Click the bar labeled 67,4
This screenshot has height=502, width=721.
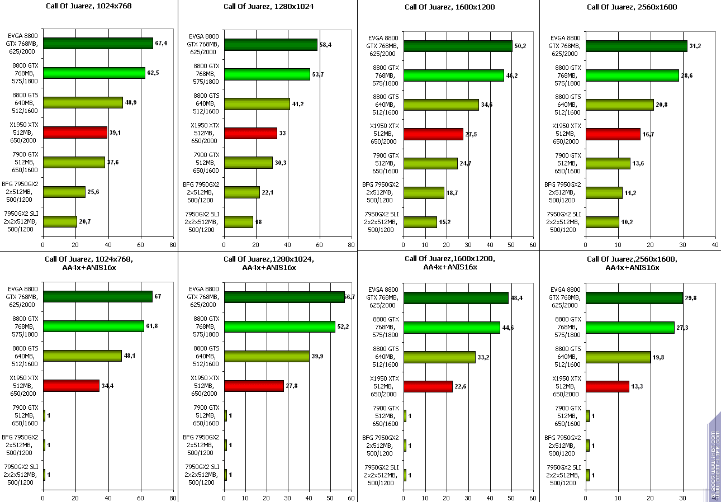(98, 44)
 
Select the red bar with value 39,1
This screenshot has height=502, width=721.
(75, 132)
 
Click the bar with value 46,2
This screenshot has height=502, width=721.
(453, 75)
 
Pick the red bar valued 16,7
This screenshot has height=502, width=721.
(613, 134)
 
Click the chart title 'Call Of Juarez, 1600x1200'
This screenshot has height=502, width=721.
(449, 7)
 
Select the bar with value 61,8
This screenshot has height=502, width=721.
(93, 326)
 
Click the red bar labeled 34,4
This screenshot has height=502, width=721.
(71, 386)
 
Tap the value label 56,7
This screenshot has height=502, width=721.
(350, 297)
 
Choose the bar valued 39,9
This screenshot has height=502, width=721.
(267, 356)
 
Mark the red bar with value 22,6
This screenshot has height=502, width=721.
(428, 386)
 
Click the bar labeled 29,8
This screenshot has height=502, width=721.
(634, 298)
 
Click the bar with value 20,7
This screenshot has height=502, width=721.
(60, 221)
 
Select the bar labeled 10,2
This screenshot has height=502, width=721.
(603, 222)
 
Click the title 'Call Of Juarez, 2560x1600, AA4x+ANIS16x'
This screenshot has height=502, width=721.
(632, 263)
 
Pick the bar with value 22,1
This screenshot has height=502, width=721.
(242, 192)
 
